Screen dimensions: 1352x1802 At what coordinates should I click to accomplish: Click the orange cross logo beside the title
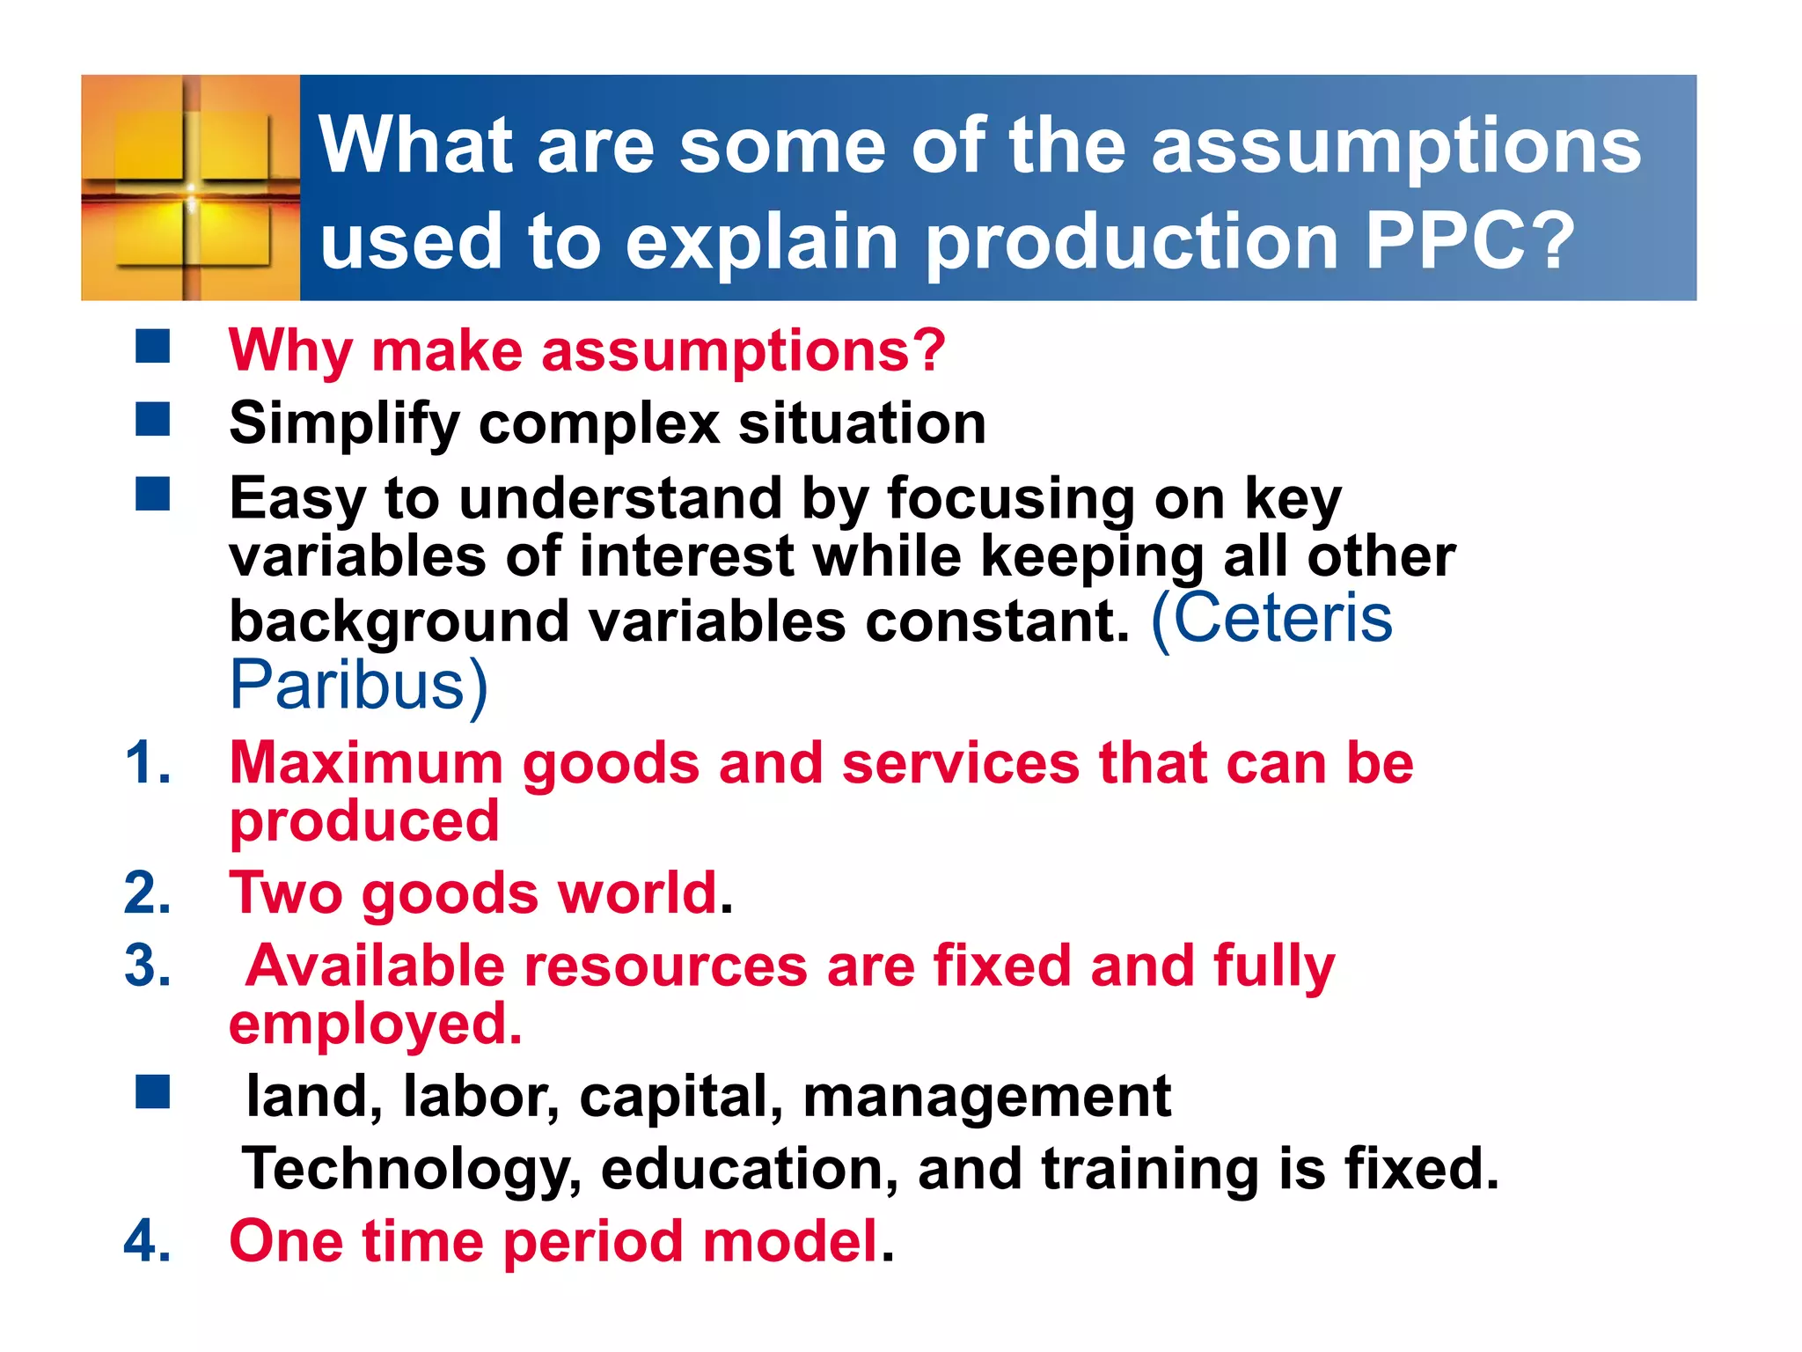tap(191, 187)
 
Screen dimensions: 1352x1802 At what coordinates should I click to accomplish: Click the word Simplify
tap(344, 424)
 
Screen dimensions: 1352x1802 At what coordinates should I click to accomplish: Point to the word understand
tap(620, 498)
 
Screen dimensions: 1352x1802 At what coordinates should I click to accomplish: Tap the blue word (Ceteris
tap(1271, 618)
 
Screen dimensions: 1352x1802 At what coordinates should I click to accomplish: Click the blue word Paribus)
tap(358, 685)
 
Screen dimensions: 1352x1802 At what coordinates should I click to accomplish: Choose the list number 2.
tap(148, 893)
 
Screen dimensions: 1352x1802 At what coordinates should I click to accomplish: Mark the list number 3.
tap(148, 966)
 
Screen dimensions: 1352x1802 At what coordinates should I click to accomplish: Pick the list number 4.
tap(148, 1241)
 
